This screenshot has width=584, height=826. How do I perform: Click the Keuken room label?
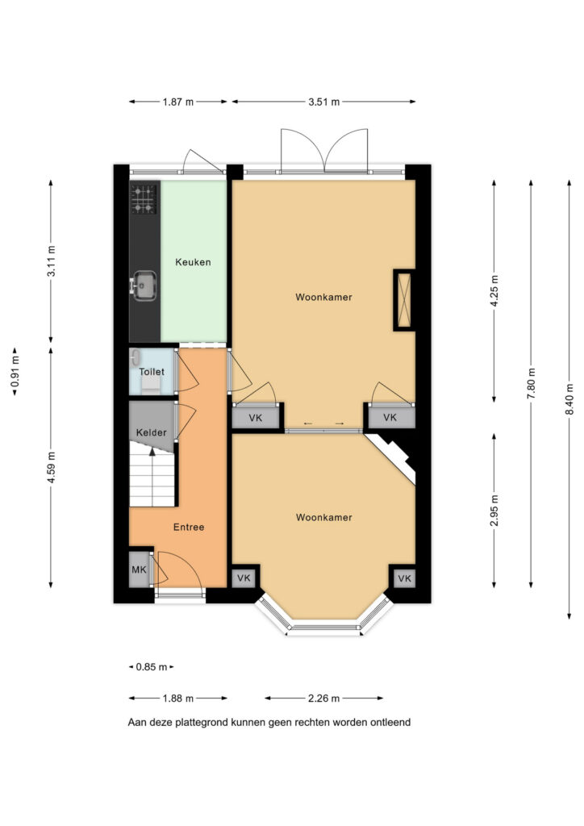coord(193,262)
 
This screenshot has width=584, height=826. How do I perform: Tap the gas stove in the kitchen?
coord(144,198)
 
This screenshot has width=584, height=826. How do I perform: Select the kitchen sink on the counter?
coord(143,285)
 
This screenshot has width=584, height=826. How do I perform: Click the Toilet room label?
coord(152,371)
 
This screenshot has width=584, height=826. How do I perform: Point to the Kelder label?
coord(151,432)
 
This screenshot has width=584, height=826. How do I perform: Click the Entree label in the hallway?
coord(189,527)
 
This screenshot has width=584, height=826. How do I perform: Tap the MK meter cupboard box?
coord(140,569)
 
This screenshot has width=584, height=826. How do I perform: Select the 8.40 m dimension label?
coord(569,398)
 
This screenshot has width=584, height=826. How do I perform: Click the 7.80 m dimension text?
coord(531,383)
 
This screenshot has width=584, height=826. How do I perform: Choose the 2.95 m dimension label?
coord(494,511)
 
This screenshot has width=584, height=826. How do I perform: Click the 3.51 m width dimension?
coord(323,102)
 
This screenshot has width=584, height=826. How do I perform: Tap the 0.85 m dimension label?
coord(152,667)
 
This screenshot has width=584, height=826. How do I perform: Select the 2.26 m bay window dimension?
coord(323,699)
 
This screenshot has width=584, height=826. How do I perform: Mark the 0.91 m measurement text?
coord(15,372)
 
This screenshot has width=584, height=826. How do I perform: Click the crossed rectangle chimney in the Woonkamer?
coord(404,300)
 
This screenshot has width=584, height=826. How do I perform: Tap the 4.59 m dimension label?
coord(51,467)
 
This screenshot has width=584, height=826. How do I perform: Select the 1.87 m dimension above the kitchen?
coord(178,102)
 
